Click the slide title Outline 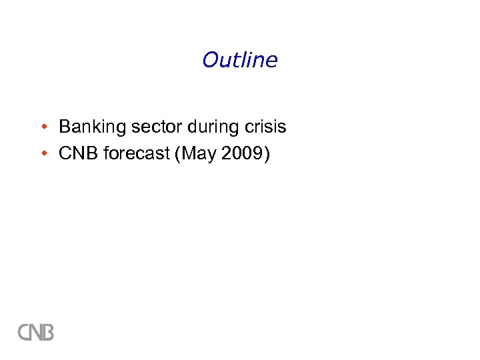click(239, 60)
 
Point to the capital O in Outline click(210, 61)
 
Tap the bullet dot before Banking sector click(42, 127)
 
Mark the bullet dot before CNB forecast click(42, 154)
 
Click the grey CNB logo click(35, 331)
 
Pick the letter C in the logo click(23, 331)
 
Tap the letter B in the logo click(47, 331)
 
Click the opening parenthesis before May click(177, 155)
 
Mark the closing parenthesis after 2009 click(267, 155)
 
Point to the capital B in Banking click(65, 127)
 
